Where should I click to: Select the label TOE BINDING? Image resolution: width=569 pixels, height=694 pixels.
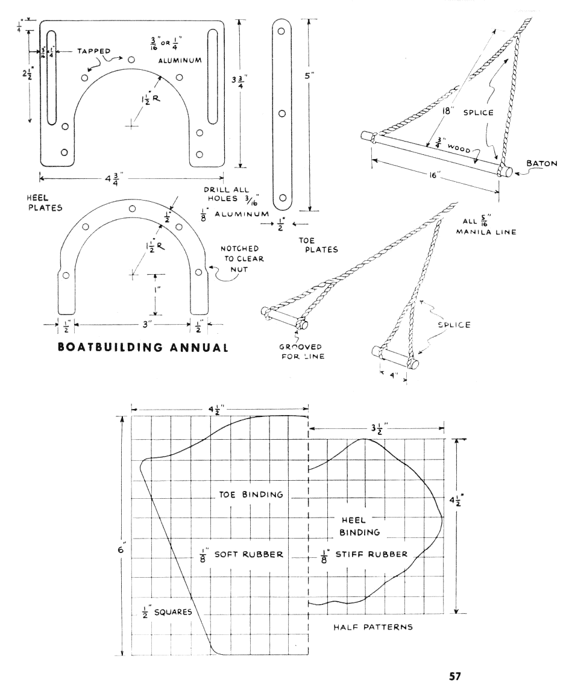250,495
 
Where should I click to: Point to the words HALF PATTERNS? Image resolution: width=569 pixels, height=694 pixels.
373,627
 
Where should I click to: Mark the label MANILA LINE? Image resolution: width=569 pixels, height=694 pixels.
489,232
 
